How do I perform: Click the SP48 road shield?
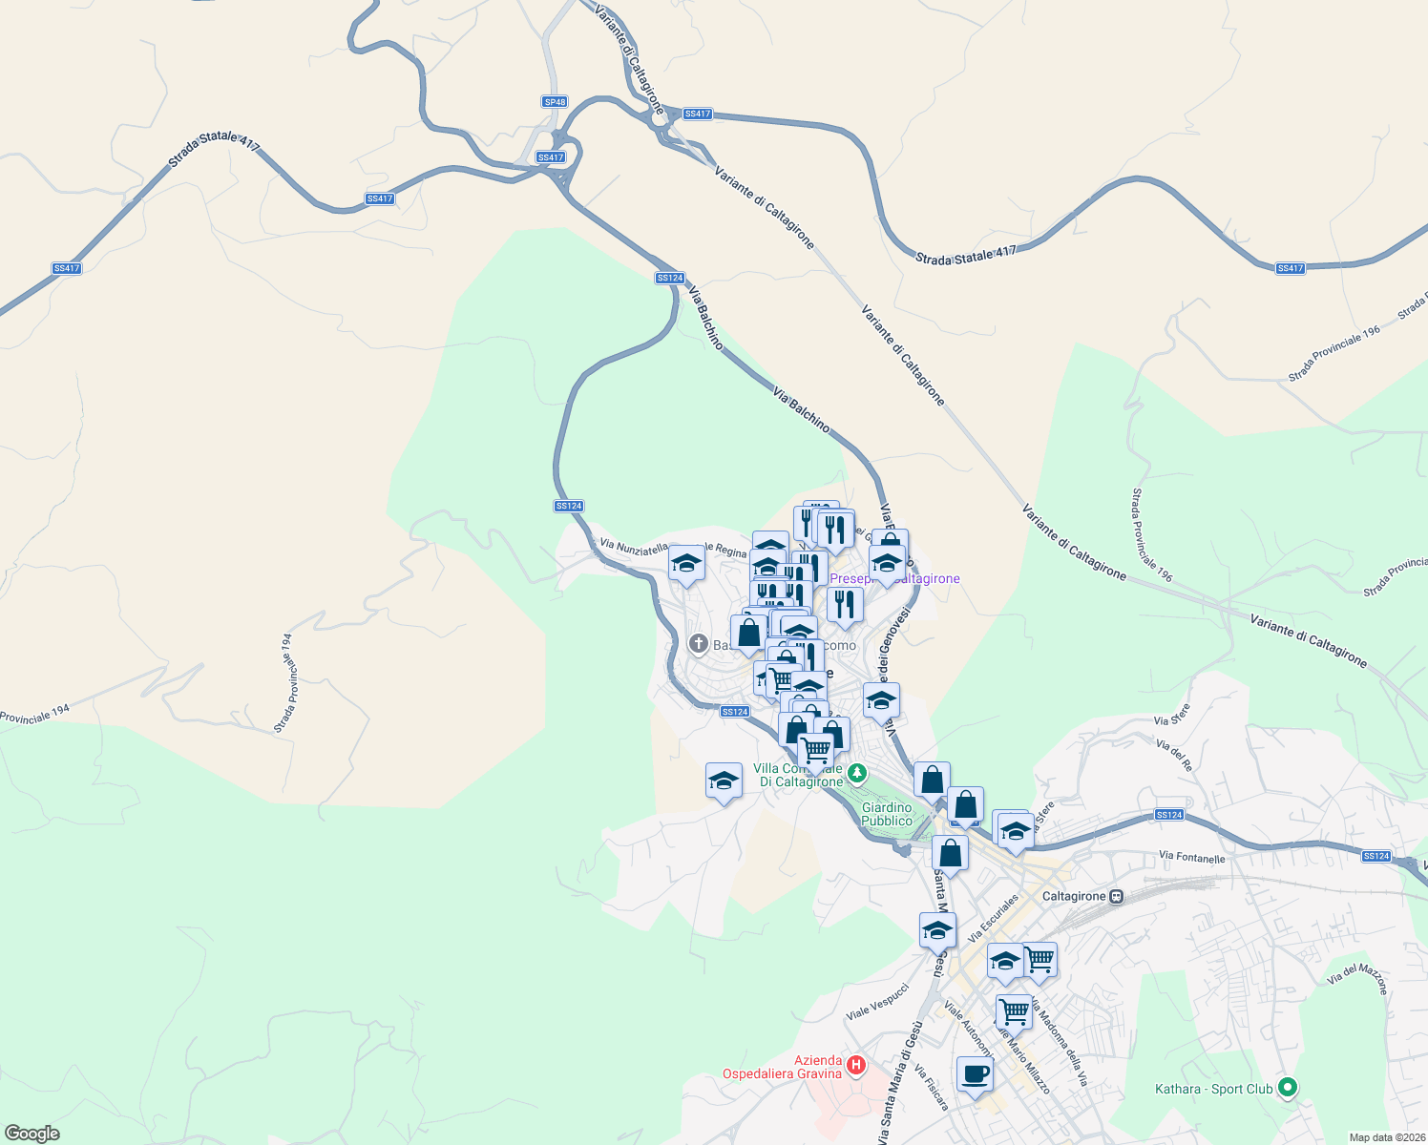click(x=555, y=102)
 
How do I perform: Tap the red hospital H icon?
click(x=856, y=1064)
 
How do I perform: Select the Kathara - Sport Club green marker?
click(x=1287, y=1087)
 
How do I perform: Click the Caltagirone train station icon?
click(x=1117, y=896)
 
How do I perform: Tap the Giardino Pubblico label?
click(x=887, y=814)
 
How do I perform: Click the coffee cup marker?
click(x=975, y=1075)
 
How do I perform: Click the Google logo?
click(x=31, y=1134)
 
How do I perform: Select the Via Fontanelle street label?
click(x=1191, y=858)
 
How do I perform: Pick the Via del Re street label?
click(x=1174, y=755)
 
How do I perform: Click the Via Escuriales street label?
click(x=994, y=918)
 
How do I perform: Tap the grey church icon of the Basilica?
click(x=698, y=644)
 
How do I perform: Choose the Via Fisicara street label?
click(x=932, y=1088)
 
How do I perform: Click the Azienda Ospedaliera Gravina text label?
click(x=782, y=1067)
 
